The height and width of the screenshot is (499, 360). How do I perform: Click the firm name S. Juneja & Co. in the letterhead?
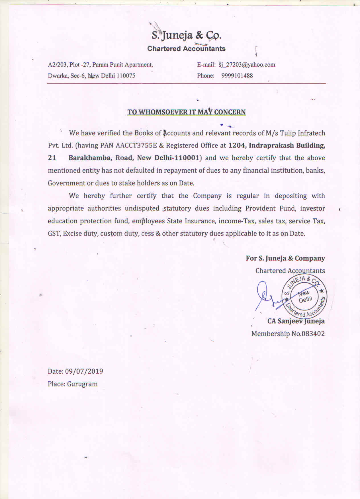186,35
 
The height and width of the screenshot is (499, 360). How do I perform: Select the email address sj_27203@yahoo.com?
247,65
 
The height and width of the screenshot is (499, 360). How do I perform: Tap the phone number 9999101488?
237,76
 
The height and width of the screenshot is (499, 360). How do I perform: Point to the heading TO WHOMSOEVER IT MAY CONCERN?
186,112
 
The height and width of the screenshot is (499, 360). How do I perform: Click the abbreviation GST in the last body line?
54,234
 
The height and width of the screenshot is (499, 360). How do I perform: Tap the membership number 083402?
313,334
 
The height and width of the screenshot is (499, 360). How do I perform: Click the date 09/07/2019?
84,371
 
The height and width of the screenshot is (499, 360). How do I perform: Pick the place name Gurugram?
82,384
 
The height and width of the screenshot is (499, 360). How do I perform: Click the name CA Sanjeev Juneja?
296,321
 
